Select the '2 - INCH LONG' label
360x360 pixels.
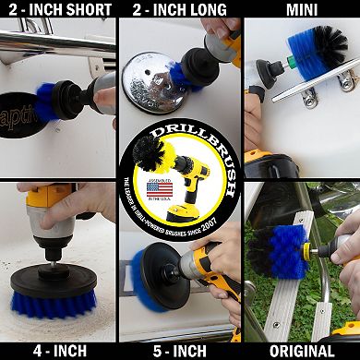(x=179, y=10)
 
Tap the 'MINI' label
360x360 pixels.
(x=302, y=10)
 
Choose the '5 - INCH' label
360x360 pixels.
(x=179, y=350)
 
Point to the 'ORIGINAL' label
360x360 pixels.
(x=302, y=350)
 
